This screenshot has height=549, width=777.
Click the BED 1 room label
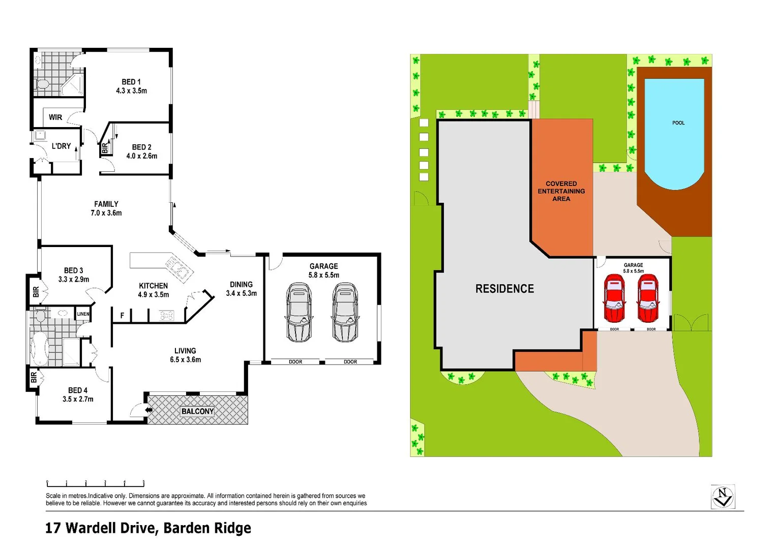[131, 82]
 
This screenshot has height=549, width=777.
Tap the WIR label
[55, 117]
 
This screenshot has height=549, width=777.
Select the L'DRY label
[61, 146]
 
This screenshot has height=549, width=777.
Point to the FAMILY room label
[106, 204]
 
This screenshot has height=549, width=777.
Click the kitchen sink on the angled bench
[175, 266]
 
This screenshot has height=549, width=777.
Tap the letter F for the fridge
[122, 316]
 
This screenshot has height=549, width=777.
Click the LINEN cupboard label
[83, 314]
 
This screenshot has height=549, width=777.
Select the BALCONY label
[197, 411]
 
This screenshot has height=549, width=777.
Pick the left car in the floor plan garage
[298, 312]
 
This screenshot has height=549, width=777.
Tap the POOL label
[678, 123]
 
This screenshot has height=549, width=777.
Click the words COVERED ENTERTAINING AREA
[561, 191]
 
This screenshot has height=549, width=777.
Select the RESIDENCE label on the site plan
[504, 289]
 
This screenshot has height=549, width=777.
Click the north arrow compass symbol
[723, 497]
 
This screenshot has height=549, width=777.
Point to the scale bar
[96, 483]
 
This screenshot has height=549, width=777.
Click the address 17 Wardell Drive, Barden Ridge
[148, 528]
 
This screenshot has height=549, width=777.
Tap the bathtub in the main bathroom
[39, 349]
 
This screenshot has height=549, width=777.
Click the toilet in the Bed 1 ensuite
[42, 84]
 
